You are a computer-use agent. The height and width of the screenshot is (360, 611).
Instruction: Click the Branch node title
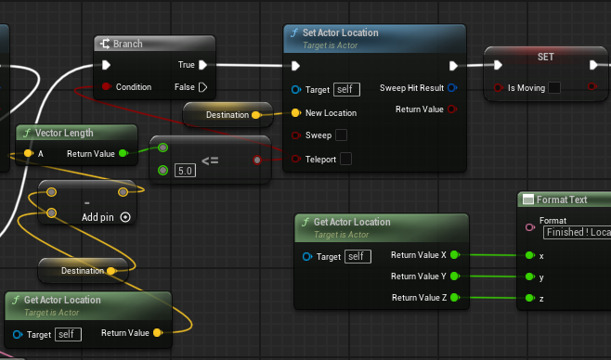(127, 44)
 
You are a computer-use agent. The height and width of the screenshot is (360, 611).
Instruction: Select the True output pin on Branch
(202, 65)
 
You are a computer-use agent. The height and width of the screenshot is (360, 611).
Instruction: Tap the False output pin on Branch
(202, 87)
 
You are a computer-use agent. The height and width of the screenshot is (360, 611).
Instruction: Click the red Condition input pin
(106, 86)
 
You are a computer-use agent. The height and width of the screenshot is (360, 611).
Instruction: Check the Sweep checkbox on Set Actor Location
(341, 135)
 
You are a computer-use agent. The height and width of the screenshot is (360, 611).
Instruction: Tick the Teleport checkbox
(345, 159)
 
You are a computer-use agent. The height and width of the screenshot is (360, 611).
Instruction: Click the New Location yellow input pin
(296, 113)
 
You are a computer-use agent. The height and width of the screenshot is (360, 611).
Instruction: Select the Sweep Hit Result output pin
(452, 88)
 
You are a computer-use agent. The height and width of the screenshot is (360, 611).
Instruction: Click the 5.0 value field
(185, 171)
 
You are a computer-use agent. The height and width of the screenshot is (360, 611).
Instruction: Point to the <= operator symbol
(210, 161)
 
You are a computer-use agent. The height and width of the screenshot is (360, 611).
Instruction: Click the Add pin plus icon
(125, 217)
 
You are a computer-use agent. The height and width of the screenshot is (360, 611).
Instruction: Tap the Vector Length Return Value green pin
(123, 153)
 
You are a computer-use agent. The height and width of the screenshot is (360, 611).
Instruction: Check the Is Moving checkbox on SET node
(554, 87)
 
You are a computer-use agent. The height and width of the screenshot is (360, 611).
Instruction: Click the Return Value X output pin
(454, 255)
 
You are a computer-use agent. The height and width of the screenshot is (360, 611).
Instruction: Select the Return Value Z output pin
(454, 297)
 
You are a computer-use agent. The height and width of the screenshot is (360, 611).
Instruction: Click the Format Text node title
(562, 199)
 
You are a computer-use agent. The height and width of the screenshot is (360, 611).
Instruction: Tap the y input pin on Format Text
(529, 276)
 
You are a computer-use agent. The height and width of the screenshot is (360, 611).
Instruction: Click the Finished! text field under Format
(577, 232)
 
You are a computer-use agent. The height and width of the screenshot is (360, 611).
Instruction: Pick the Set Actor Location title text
(341, 32)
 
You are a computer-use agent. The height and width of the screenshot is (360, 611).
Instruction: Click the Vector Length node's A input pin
(28, 153)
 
